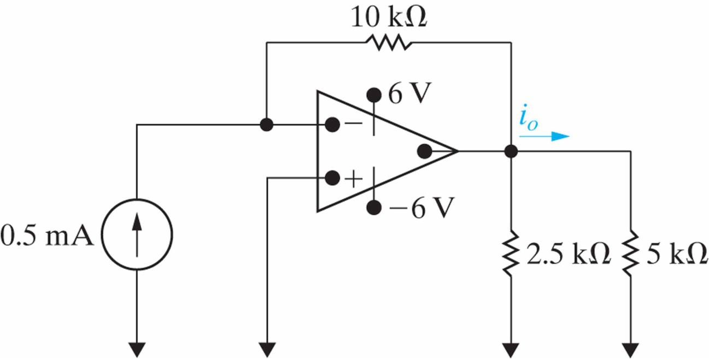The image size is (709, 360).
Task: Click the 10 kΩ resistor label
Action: coord(389,17)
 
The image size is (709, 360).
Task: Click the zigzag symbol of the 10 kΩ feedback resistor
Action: coord(389,42)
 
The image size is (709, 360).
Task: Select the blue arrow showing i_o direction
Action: coord(544,137)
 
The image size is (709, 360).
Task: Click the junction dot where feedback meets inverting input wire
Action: coord(266,125)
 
